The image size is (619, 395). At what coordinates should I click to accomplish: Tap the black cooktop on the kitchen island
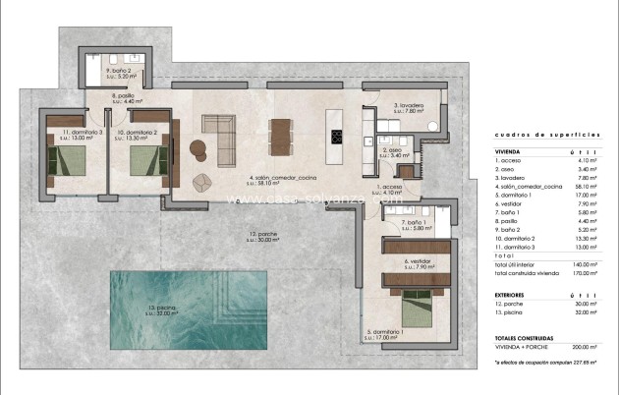[x=337, y=138]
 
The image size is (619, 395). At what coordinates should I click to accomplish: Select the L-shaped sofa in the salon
[x=217, y=126]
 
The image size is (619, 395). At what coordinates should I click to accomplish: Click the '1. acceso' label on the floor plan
[x=390, y=186]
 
